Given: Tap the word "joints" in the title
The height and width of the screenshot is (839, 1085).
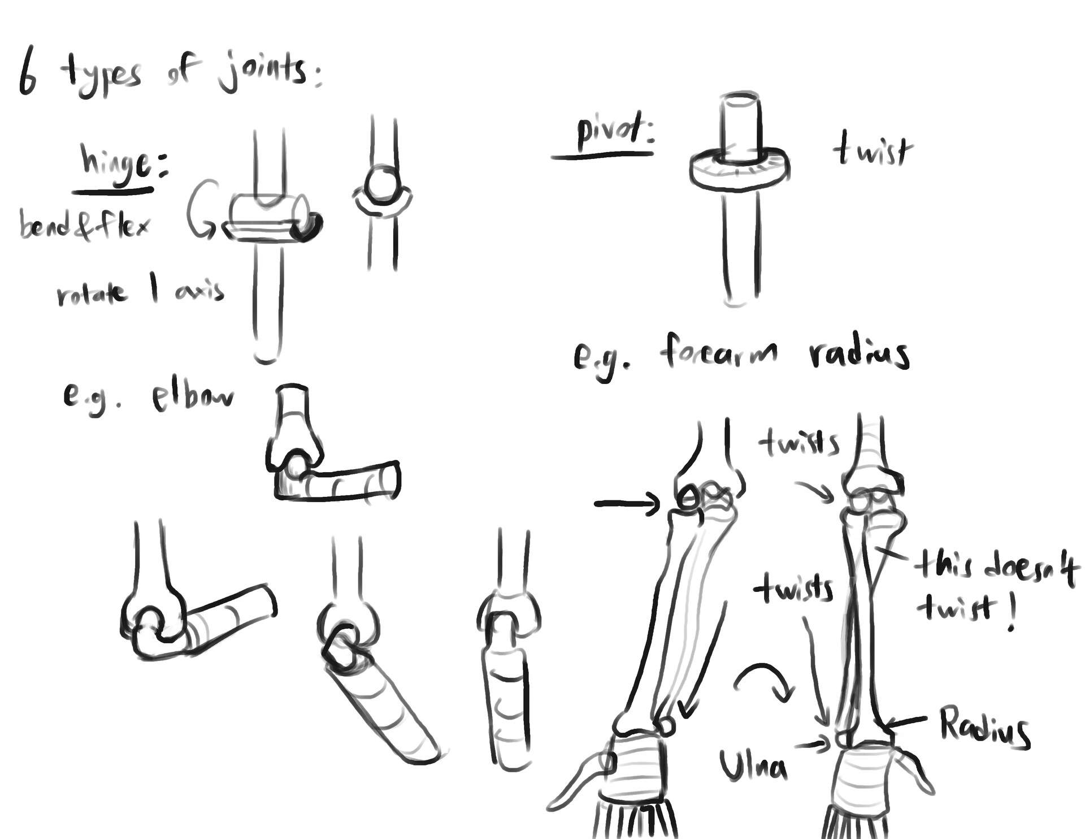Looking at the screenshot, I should click(263, 72).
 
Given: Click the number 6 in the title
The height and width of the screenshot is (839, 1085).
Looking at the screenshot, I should click(27, 73).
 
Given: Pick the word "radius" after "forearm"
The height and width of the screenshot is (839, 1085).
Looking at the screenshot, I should click(859, 354).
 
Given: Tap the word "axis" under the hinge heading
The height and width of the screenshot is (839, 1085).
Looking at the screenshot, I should click(199, 292).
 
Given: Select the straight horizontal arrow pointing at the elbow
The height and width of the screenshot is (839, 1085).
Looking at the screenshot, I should click(626, 503).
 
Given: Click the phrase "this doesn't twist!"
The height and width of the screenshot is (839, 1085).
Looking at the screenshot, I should click(995, 588).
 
